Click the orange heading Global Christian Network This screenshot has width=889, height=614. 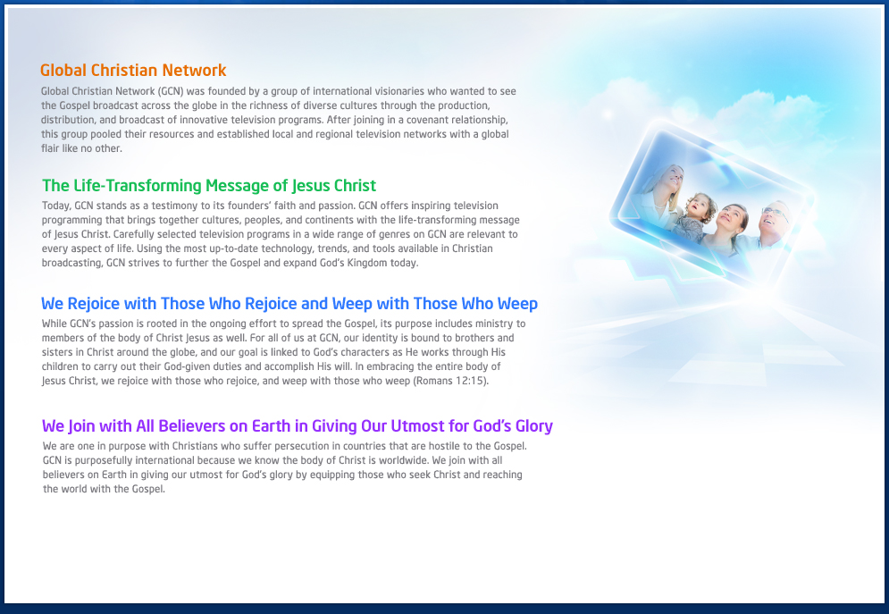133,71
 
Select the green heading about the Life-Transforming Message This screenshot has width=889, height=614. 209,186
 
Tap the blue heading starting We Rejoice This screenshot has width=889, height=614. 289,304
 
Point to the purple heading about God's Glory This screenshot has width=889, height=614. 298,426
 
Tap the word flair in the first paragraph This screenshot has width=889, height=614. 50,148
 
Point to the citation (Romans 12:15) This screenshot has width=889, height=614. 451,381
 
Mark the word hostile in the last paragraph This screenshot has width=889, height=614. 443,446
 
